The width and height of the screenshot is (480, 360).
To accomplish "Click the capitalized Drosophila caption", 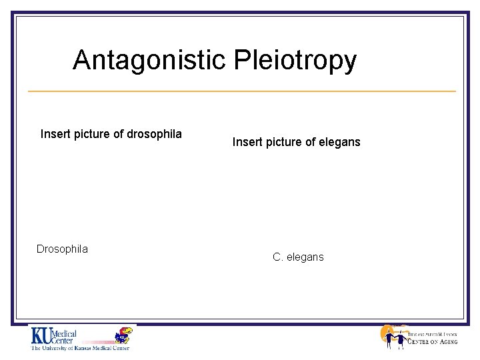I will coord(62,249).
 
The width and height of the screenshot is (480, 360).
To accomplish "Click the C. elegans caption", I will coord(298,257).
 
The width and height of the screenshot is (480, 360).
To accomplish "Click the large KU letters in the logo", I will coord(41,335).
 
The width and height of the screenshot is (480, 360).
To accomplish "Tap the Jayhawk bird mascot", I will coord(123,336).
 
